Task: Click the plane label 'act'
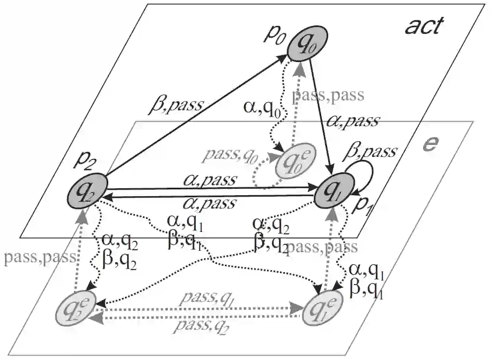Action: click(x=422, y=26)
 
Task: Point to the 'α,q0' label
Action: click(x=263, y=108)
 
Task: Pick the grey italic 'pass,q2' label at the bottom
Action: click(x=200, y=326)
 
